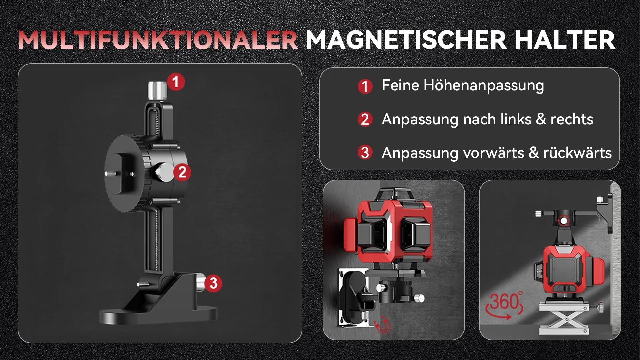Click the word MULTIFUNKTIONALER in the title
pos(158,40)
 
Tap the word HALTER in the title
pos(564,40)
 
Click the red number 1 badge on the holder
pos(176,82)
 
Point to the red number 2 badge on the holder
pos(182,172)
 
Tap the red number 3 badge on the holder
pos(213,283)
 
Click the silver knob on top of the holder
pos(157,90)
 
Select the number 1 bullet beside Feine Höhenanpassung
pos(365,86)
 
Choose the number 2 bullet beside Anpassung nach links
pos(365,119)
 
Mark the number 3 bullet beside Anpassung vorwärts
pos(365,153)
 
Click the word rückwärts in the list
pos(577,153)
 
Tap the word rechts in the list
pos(572,119)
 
